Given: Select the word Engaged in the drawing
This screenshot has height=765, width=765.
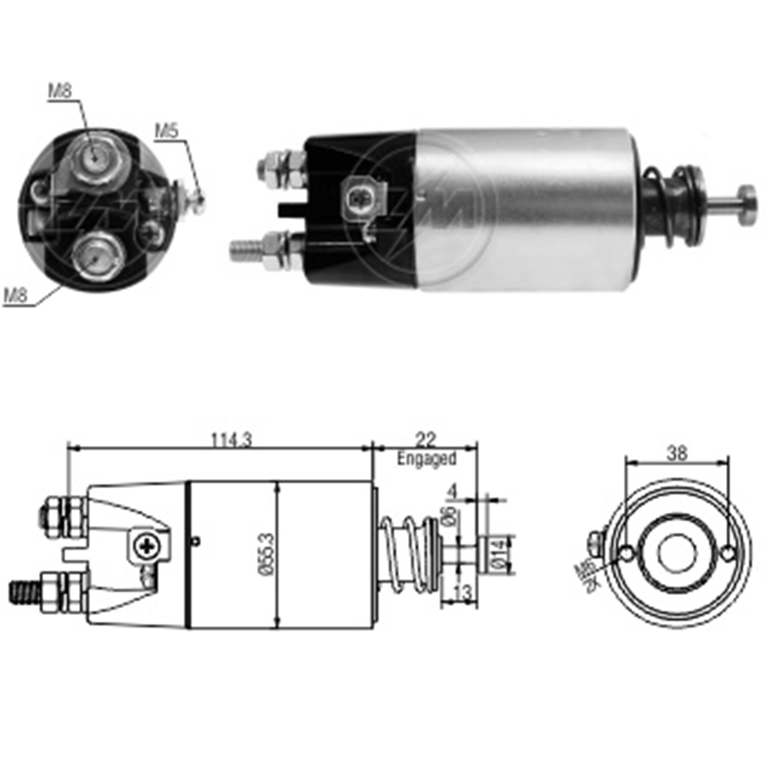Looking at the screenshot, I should pos(426,458).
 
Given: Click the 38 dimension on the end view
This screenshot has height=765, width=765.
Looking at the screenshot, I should pos(677,453).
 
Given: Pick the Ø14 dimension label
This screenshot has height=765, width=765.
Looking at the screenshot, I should pos(499,554).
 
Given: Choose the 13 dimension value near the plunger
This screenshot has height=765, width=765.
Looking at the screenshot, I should pos(462,593).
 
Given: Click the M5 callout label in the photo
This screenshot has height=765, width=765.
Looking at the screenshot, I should pos(167,131).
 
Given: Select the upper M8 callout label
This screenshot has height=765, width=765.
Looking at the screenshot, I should pos(60,91).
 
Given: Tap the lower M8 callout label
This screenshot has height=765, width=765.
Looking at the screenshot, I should pos(16,295).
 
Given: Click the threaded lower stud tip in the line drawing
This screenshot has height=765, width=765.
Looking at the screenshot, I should pos(23,592).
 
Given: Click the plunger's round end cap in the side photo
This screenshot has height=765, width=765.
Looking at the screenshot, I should pos(748,205).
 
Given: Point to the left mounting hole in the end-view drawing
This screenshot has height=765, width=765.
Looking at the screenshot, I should pos(627,553).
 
